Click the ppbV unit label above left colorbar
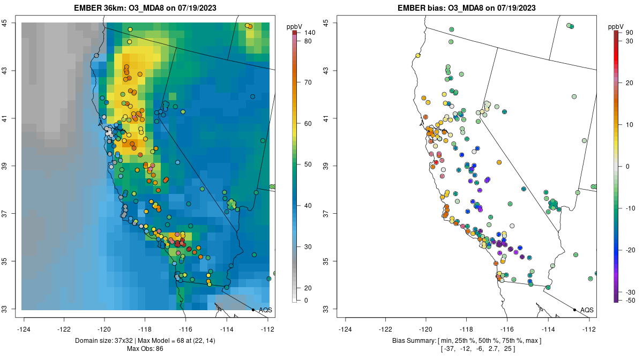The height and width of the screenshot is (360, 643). [294, 26]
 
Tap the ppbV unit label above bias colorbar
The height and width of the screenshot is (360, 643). [616, 26]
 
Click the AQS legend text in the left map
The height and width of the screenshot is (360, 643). [265, 310]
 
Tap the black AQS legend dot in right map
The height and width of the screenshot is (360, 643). [574, 310]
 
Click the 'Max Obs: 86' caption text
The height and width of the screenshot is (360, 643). [145, 349]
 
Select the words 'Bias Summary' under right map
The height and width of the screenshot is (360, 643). [413, 341]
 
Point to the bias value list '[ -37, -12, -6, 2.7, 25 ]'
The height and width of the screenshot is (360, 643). [467, 349]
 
